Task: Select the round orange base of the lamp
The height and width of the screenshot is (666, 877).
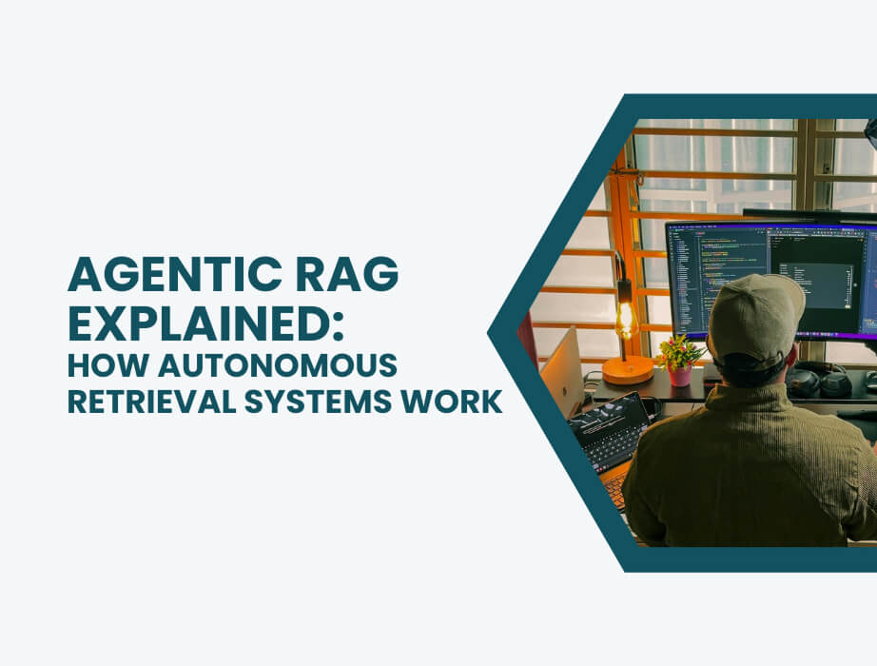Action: [627, 369]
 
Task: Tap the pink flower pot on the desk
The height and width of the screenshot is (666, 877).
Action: [679, 375]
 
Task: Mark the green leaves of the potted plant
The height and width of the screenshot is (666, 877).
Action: [679, 351]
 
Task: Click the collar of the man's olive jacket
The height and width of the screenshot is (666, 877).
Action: [751, 395]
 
